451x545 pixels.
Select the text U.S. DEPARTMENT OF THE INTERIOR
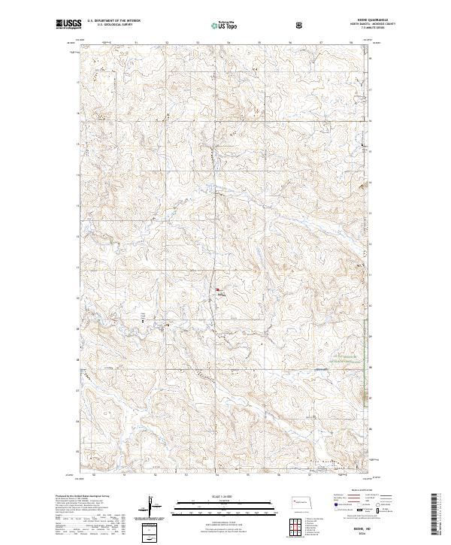click(114, 21)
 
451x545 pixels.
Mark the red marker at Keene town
click(218, 289)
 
